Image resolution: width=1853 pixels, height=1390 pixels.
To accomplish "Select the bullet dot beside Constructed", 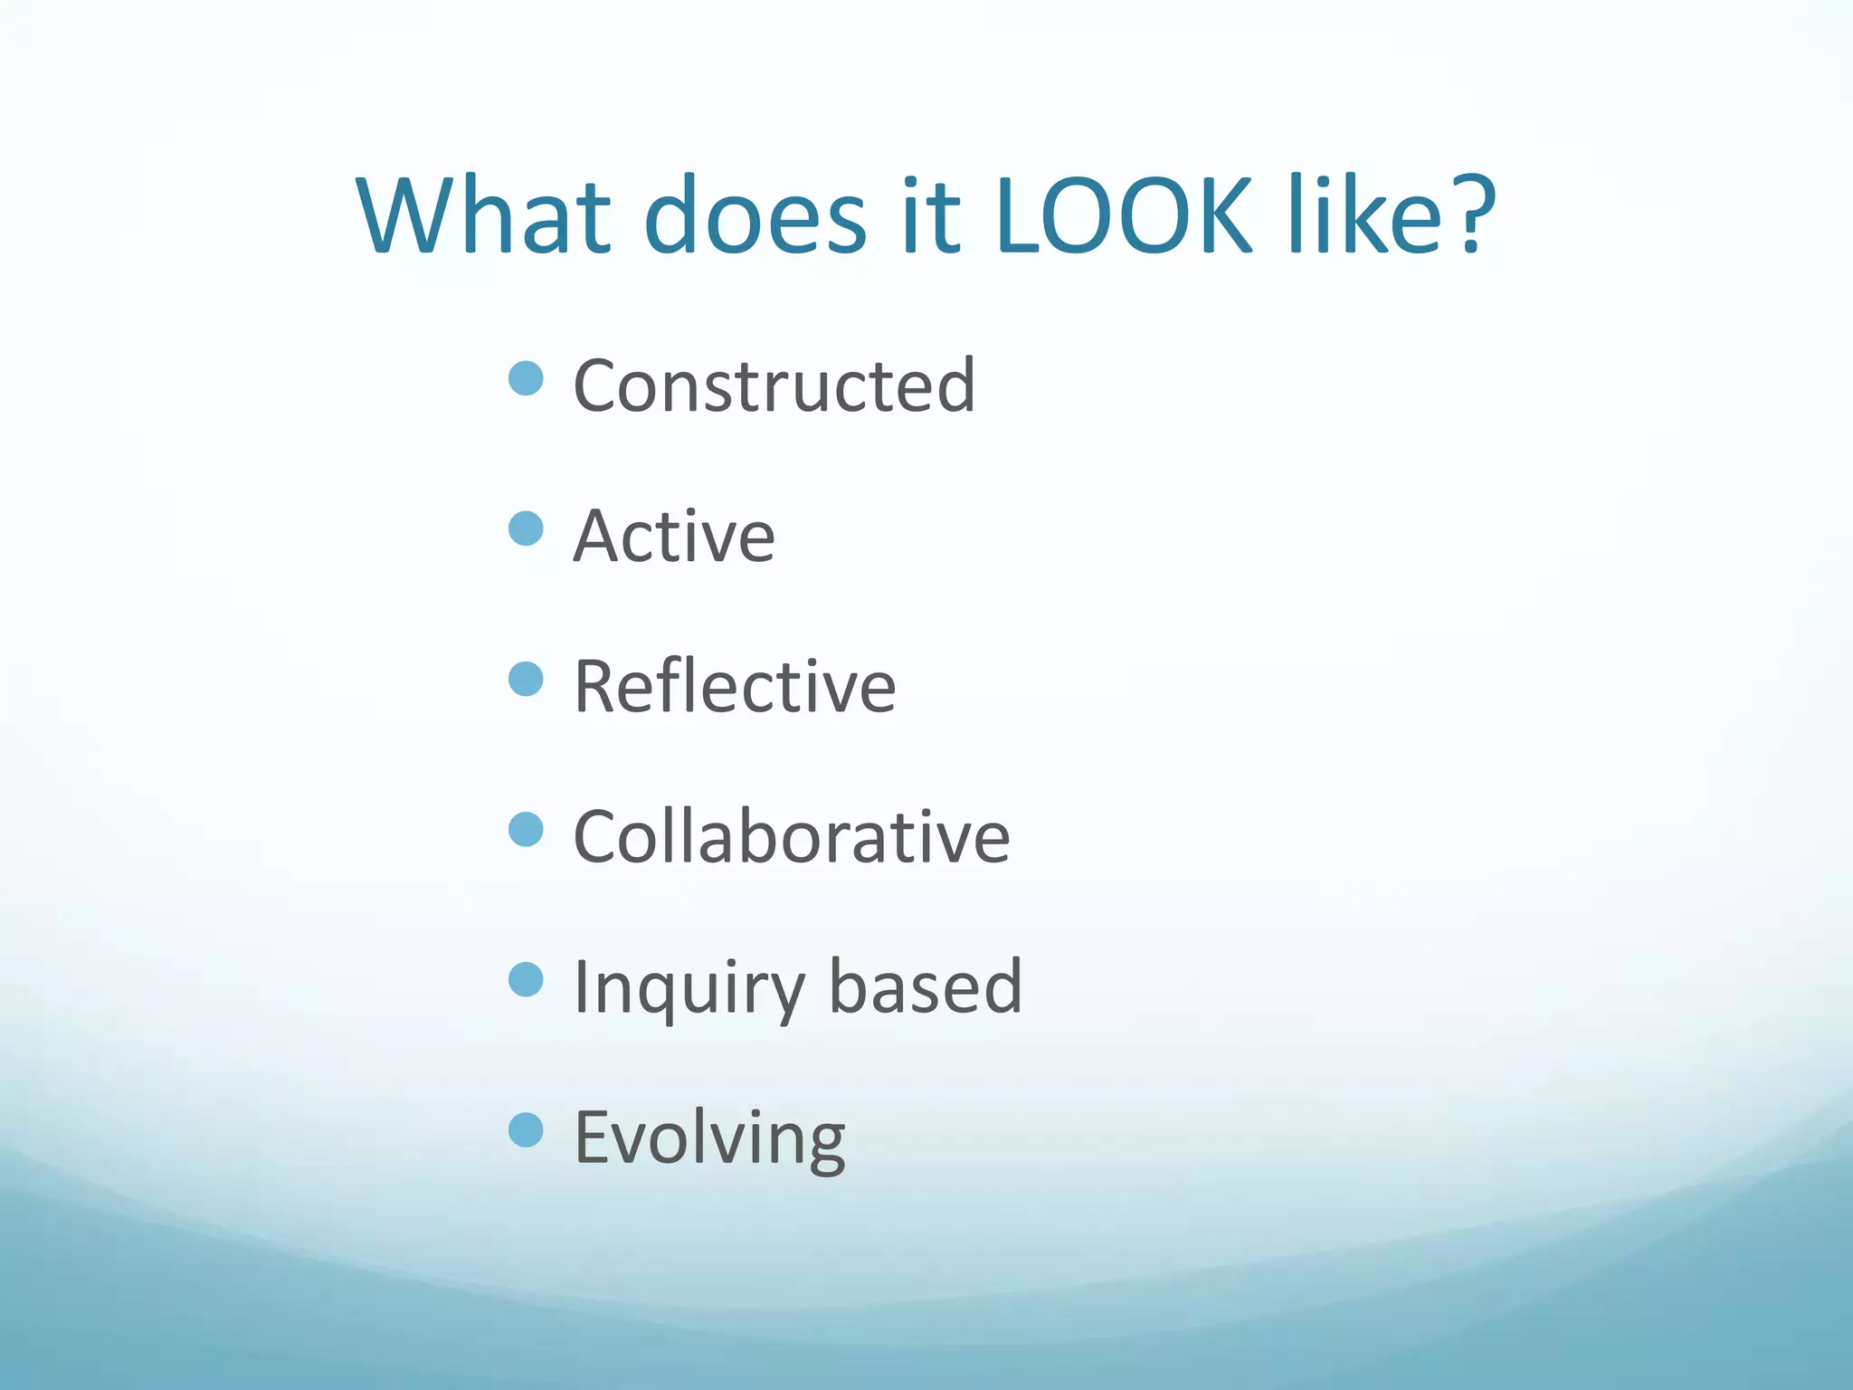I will (526, 378).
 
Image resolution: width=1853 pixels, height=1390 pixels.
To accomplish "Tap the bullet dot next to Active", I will (526, 528).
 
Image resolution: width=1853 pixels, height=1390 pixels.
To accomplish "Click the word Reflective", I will (735, 687).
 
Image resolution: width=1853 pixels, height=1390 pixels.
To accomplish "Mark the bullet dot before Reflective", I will (526, 679).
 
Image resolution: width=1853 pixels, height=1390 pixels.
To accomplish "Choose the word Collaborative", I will (792, 837).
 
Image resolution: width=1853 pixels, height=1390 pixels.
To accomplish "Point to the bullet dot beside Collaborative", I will (526, 829).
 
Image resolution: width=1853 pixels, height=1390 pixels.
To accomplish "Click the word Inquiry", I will (689, 988).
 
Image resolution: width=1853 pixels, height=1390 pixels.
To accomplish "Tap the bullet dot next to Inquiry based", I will (526, 979).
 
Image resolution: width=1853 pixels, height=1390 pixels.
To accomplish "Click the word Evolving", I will (709, 1138).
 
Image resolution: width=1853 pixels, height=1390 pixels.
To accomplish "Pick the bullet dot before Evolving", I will (526, 1129).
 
